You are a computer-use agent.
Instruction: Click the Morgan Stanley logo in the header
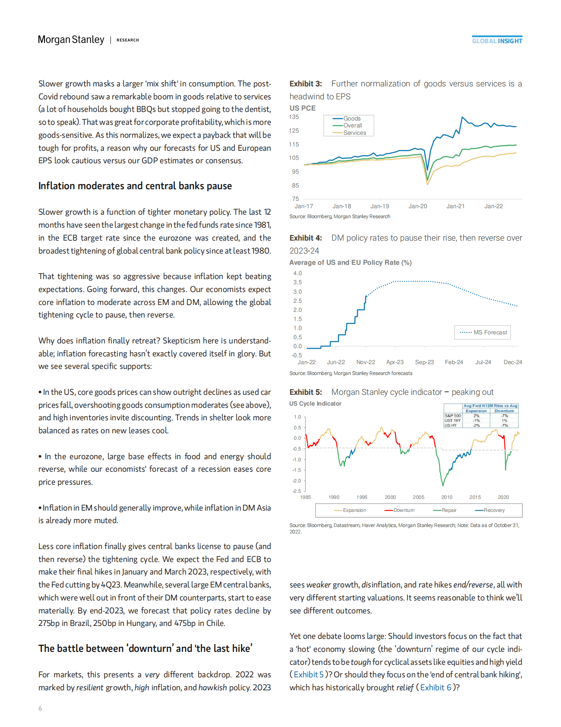[71, 40]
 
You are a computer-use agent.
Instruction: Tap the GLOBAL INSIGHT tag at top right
[497, 41]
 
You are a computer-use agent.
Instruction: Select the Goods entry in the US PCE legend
[351, 118]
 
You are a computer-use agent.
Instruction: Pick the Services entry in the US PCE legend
[354, 133]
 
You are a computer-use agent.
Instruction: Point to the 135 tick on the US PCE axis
[294, 117]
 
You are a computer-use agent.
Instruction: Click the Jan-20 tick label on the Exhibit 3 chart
[418, 206]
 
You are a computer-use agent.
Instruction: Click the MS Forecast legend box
[482, 332]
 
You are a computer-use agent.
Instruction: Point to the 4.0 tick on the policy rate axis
[297, 273]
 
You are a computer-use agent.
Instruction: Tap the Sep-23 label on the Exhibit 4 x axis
[424, 362]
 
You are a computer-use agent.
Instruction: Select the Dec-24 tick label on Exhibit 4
[513, 362]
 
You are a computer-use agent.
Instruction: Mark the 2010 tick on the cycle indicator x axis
[447, 497]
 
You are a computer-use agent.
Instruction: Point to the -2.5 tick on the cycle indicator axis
[296, 491]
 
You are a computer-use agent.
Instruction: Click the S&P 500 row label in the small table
[453, 416]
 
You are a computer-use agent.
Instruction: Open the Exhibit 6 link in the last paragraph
[436, 687]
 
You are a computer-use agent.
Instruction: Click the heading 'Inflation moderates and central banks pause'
[135, 186]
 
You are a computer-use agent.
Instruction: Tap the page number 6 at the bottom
[40, 708]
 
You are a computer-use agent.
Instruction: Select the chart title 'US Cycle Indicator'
[315, 403]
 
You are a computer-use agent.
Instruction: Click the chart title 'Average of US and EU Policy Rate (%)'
[350, 263]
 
